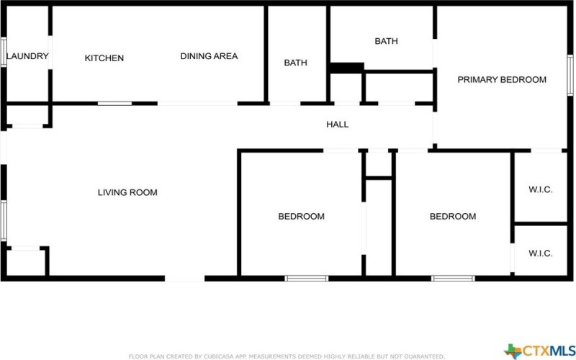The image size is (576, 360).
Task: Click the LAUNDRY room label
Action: pyautogui.click(x=27, y=56)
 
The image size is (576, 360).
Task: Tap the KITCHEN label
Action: pyautogui.click(x=104, y=58)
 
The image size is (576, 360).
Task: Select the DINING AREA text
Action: pyautogui.click(x=209, y=56)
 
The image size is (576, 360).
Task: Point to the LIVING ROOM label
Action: pyautogui.click(x=127, y=192)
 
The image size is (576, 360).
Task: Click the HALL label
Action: pyautogui.click(x=338, y=125)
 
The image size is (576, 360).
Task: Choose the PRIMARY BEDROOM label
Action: pyautogui.click(x=502, y=80)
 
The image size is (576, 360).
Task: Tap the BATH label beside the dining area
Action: pyautogui.click(x=295, y=63)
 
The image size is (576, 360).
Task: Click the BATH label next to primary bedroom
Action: pyautogui.click(x=386, y=42)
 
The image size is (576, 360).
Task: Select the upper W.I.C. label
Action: pyautogui.click(x=540, y=190)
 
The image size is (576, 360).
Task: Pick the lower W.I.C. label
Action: pyautogui.click(x=540, y=253)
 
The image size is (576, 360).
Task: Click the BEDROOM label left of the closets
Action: pyautogui.click(x=301, y=216)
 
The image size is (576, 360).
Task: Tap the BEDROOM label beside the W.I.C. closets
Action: pyautogui.click(x=453, y=216)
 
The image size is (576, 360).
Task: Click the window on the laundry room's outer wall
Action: pyautogui.click(x=3, y=52)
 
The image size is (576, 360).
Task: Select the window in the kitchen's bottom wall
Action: pyautogui.click(x=114, y=104)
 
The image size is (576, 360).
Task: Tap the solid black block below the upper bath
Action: pyautogui.click(x=346, y=68)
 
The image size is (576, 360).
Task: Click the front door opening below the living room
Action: pyautogui.click(x=185, y=278)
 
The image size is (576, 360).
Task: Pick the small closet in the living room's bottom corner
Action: pyautogui.click(x=26, y=262)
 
